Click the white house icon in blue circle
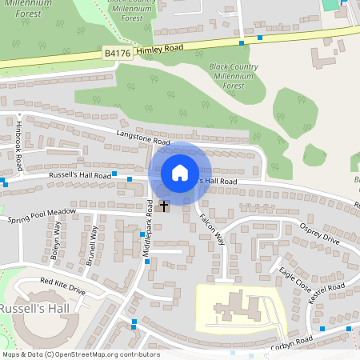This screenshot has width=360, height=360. pyautogui.click(x=180, y=173)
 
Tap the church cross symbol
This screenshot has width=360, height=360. pyautogui.click(x=165, y=206)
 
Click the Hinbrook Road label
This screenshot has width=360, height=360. pyautogui.click(x=18, y=146)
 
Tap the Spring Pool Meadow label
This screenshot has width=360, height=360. pyautogui.click(x=41, y=215)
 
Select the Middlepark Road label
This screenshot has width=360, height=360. pyautogui.click(x=147, y=228)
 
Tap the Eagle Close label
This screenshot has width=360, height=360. pyautogui.click(x=292, y=277)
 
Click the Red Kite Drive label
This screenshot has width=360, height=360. pyautogui.click(x=62, y=286)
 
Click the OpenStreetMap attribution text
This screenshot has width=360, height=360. pyautogui.click(x=80, y=354)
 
